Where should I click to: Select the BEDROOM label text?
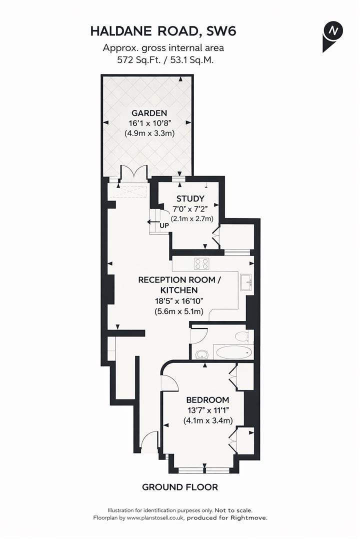pyautogui.click(x=207, y=400)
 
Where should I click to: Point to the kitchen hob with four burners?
pyautogui.click(x=201, y=264)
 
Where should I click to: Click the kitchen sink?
pyautogui.click(x=245, y=282)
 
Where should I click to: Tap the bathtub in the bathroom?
pyautogui.click(x=232, y=352)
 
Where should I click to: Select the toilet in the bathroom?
pyautogui.click(x=241, y=334)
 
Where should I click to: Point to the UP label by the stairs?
pyautogui.click(x=164, y=225)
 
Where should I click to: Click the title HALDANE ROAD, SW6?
pyautogui.click(x=163, y=31)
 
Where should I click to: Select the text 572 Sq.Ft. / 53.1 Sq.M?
pyautogui.click(x=163, y=59)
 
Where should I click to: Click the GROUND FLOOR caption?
pyautogui.click(x=179, y=487)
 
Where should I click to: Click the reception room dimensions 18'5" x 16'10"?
pyautogui.click(x=179, y=301)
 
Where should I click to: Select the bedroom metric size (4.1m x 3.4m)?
pyautogui.click(x=207, y=420)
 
